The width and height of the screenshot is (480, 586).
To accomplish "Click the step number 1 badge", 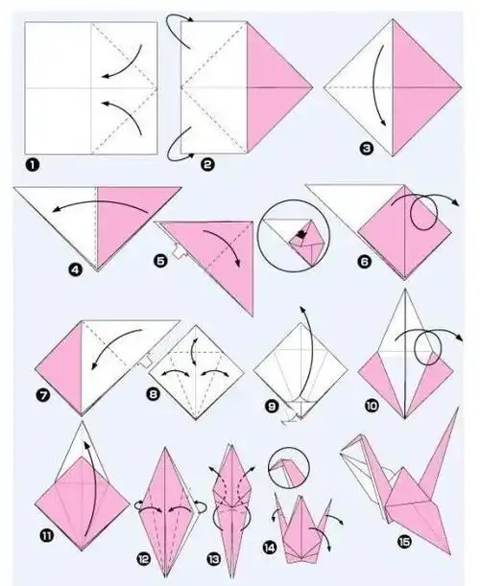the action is [33, 165].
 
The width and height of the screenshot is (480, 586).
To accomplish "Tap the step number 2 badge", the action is [207, 164].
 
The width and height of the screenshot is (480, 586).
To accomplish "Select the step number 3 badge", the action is [367, 149].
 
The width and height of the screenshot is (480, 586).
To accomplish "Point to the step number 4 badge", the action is [76, 270].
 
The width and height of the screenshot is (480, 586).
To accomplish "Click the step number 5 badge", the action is [160, 261].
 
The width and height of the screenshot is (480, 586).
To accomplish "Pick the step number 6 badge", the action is [365, 261].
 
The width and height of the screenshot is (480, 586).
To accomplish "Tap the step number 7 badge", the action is [43, 395].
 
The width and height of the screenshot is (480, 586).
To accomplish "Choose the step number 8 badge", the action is [153, 394].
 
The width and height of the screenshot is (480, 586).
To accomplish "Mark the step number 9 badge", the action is [272, 406].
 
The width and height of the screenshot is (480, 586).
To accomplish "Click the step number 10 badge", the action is [372, 405].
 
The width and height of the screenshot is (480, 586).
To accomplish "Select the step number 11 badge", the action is [46, 536].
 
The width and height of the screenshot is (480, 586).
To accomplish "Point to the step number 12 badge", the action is [143, 559].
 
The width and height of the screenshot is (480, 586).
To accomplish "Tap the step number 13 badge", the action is [214, 559].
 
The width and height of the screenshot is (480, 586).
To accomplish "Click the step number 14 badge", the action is [270, 549].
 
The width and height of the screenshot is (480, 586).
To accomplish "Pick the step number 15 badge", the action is [404, 542].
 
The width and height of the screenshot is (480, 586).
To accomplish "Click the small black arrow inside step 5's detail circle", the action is [300, 235].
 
